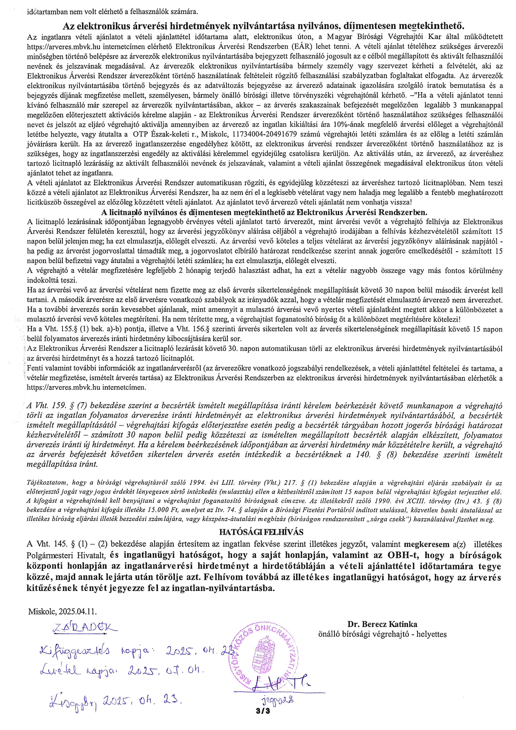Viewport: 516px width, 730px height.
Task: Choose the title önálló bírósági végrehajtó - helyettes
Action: pyautogui.click(x=382, y=634)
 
